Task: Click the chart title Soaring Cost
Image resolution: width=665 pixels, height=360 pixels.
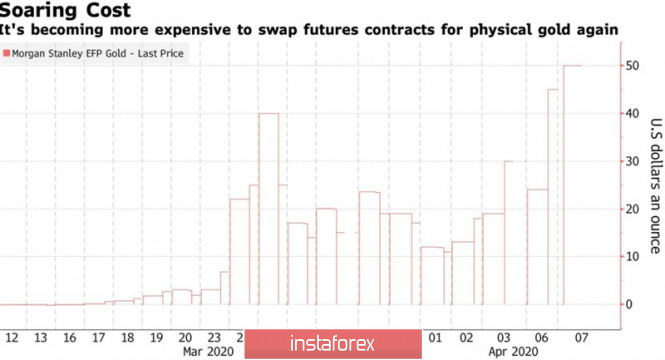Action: point(65,9)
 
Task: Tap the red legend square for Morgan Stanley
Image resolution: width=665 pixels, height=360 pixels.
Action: point(6,53)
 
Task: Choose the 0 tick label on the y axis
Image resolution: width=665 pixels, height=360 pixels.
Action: point(629,304)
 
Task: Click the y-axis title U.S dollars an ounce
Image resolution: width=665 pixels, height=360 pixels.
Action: point(656,186)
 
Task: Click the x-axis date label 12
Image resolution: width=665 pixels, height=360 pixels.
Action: point(12,338)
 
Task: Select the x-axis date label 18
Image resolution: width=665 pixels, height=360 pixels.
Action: point(128,338)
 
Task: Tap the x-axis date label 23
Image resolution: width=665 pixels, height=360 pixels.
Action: point(214,338)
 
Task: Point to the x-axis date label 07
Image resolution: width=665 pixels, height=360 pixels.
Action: point(581,338)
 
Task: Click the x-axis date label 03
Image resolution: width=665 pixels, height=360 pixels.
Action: point(503,338)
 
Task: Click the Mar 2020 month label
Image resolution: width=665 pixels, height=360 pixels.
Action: point(208,352)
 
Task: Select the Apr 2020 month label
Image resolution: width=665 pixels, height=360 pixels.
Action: point(513,352)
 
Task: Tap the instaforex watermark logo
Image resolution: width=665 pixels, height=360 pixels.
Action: point(333,343)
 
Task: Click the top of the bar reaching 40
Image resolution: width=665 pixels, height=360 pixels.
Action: point(268,114)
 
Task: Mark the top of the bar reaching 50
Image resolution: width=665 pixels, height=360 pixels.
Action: point(572,66)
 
